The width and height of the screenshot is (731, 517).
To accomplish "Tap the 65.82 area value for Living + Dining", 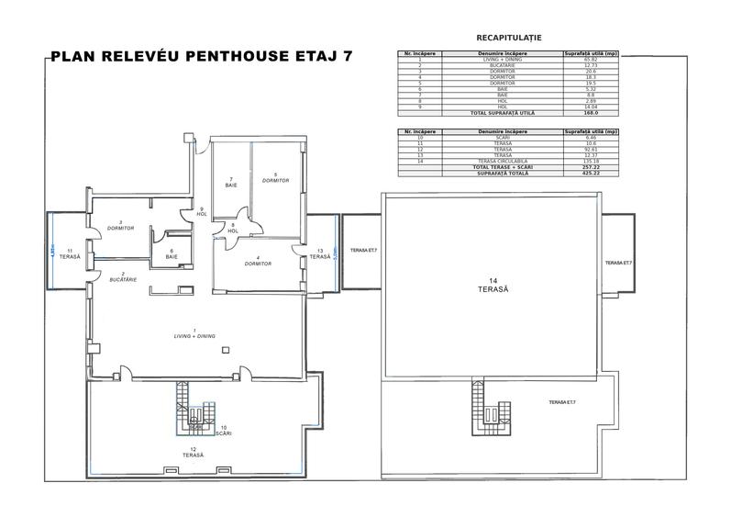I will (x=590, y=60).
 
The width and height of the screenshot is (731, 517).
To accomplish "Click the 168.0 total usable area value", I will (x=590, y=112).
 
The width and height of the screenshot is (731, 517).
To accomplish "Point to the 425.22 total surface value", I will (x=590, y=173).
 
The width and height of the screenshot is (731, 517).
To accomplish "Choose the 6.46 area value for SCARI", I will (x=590, y=137).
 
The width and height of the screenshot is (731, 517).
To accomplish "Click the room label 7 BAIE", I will (x=231, y=182).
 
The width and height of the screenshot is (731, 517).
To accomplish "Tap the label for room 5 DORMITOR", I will (x=275, y=177).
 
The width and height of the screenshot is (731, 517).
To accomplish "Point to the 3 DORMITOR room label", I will (x=121, y=225).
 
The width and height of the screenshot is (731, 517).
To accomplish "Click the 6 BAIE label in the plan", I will (x=172, y=254).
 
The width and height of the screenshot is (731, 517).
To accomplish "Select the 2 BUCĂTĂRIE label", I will (x=122, y=276).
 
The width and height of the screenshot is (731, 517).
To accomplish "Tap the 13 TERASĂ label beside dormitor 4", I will (x=319, y=253).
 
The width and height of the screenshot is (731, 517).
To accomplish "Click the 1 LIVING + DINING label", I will (x=194, y=333).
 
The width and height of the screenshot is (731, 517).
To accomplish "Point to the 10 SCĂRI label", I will (x=223, y=430).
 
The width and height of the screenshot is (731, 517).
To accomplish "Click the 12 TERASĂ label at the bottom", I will (x=192, y=452).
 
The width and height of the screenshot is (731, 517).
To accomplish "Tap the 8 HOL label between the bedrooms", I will (x=233, y=228).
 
